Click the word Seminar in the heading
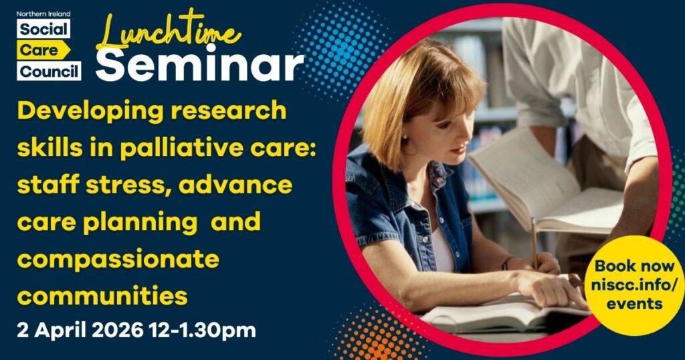(x=204, y=65)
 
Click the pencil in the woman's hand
(x=534, y=241)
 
